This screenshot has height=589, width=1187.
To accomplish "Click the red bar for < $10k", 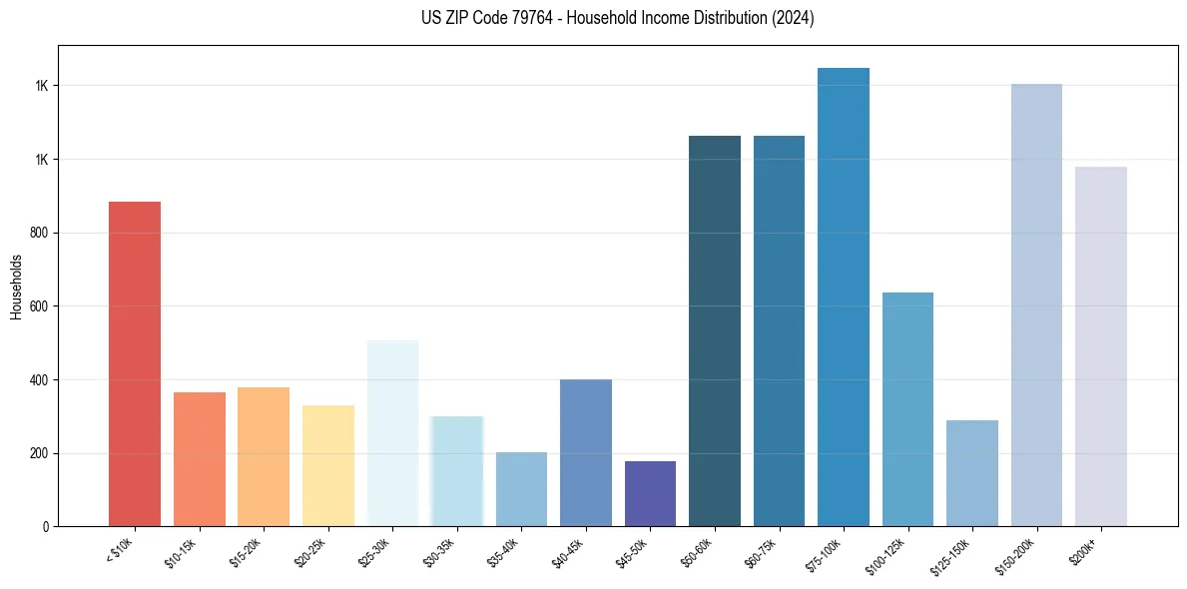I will click(x=135, y=364).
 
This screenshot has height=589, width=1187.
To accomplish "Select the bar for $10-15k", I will click(x=199, y=459).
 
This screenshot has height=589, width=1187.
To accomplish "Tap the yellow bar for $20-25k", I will click(x=327, y=465).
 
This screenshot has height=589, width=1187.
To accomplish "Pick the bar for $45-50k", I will click(x=650, y=493).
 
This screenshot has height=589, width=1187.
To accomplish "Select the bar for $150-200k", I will click(x=1036, y=305).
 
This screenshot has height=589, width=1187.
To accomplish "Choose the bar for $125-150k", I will click(x=972, y=473).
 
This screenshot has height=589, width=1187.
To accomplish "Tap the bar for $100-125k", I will click(x=907, y=409).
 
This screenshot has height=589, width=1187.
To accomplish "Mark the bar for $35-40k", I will click(x=521, y=489).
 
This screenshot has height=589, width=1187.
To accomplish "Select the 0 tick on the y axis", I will click(x=44, y=526).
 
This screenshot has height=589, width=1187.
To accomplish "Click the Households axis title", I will click(x=16, y=286).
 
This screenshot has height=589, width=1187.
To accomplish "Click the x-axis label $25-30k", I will click(x=374, y=552).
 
